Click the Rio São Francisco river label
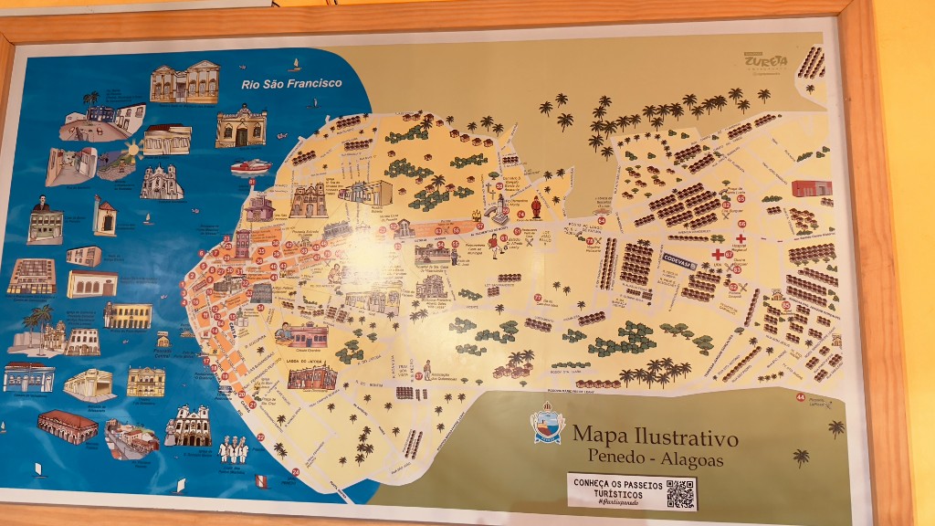point(291,83)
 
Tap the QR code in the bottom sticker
point(680,493)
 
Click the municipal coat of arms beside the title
point(548,426)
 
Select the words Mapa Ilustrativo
point(655,437)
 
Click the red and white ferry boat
point(250,166)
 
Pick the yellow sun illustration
point(132,148)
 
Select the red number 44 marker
point(801,396)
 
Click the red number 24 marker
point(295,472)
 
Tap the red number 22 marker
point(260,437)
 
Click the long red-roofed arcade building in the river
point(68,426)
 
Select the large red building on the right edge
point(811,188)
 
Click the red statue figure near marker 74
point(536,207)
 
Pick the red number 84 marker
point(601,220)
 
